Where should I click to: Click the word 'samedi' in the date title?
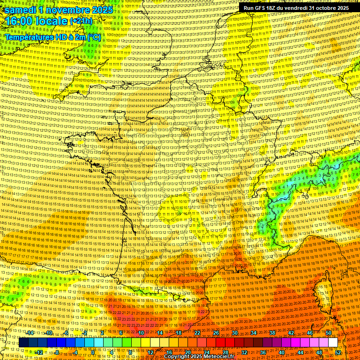(20, 10)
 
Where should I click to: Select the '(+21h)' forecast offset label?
(81, 22)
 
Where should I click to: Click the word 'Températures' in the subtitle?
(29, 36)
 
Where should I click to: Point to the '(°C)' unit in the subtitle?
(94, 36)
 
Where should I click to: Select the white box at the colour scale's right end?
(333, 343)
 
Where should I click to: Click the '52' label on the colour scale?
(338, 352)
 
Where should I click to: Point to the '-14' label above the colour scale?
(30, 333)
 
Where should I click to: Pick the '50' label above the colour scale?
(329, 333)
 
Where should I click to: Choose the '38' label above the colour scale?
(272, 333)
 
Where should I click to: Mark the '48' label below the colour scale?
(319, 352)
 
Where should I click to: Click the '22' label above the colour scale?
(197, 333)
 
